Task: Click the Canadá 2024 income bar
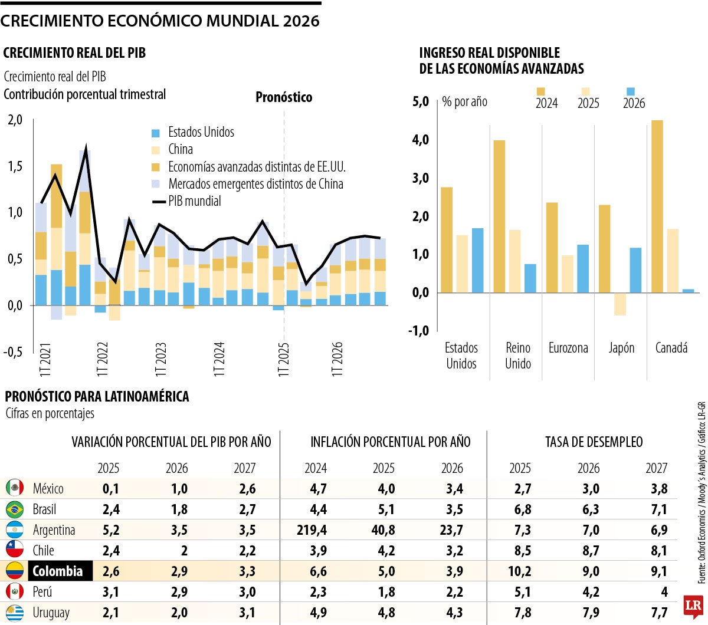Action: [x=657, y=206]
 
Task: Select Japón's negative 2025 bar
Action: [x=620, y=304]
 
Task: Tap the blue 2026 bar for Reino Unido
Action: [x=530, y=278]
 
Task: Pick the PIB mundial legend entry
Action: [x=186, y=201]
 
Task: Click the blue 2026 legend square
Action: [x=631, y=91]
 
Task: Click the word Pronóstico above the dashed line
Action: [x=284, y=97]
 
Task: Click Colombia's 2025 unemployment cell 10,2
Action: [x=519, y=571]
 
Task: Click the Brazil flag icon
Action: [x=15, y=509]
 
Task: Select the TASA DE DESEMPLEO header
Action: [x=594, y=442]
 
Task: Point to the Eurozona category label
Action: [x=568, y=348]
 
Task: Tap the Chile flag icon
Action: [x=15, y=550]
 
